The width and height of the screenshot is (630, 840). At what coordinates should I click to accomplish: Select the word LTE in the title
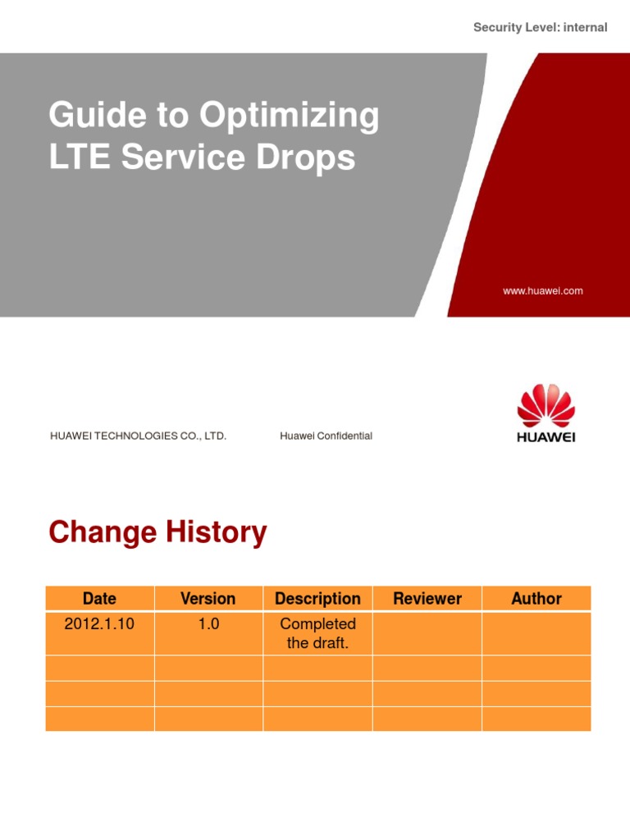click(80, 157)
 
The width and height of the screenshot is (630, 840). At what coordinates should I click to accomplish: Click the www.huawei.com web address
click(543, 290)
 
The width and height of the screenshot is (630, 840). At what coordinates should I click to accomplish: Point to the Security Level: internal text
click(541, 27)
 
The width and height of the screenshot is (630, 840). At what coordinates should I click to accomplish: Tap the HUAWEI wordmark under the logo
click(546, 437)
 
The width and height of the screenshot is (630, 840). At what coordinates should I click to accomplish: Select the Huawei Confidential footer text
click(326, 436)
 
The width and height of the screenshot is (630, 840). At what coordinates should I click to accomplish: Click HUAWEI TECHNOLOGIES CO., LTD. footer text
click(138, 436)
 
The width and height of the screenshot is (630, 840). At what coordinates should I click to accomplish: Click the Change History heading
click(157, 532)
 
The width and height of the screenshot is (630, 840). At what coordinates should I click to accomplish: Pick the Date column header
click(99, 599)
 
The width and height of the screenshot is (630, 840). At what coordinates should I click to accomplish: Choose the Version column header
click(208, 599)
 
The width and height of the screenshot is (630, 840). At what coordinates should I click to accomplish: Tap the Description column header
click(317, 599)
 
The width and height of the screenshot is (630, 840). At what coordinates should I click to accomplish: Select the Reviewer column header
click(427, 599)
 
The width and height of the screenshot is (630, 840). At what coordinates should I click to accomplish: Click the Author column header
click(536, 599)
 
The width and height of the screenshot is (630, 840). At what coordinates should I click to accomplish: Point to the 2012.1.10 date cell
click(99, 624)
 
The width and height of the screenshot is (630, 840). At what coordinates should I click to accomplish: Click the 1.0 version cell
click(208, 624)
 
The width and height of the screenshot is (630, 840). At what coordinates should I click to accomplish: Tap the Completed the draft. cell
click(317, 633)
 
